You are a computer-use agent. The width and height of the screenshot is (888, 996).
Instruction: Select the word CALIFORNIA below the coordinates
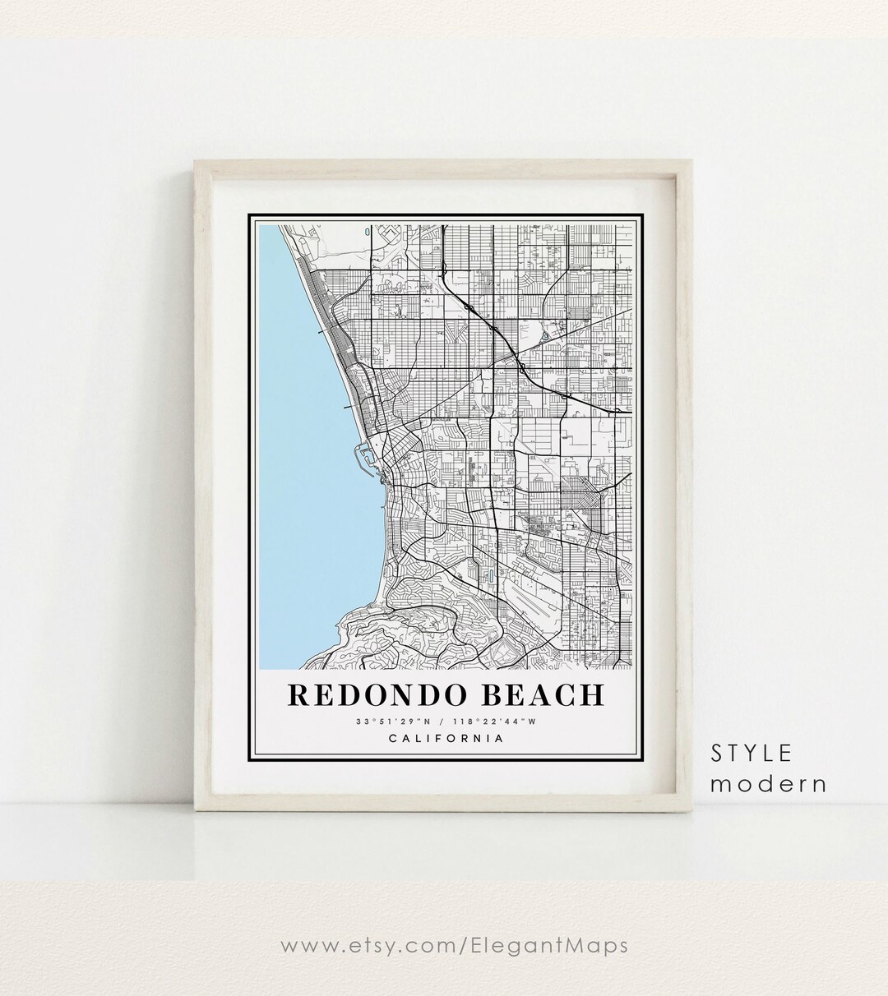click(x=446, y=738)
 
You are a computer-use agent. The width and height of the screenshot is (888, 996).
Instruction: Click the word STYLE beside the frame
click(x=752, y=753)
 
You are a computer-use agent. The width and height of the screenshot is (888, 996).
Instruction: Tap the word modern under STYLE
click(x=769, y=784)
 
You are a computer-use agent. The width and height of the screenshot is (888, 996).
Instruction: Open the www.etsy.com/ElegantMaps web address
click(x=454, y=946)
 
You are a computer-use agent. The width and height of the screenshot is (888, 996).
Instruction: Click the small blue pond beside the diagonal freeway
click(x=545, y=335)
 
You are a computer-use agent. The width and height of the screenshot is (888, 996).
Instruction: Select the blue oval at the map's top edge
click(x=364, y=233)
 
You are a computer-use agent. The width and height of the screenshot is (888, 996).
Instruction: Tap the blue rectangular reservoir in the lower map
click(x=491, y=577)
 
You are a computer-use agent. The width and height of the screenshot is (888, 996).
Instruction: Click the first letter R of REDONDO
click(x=299, y=694)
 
